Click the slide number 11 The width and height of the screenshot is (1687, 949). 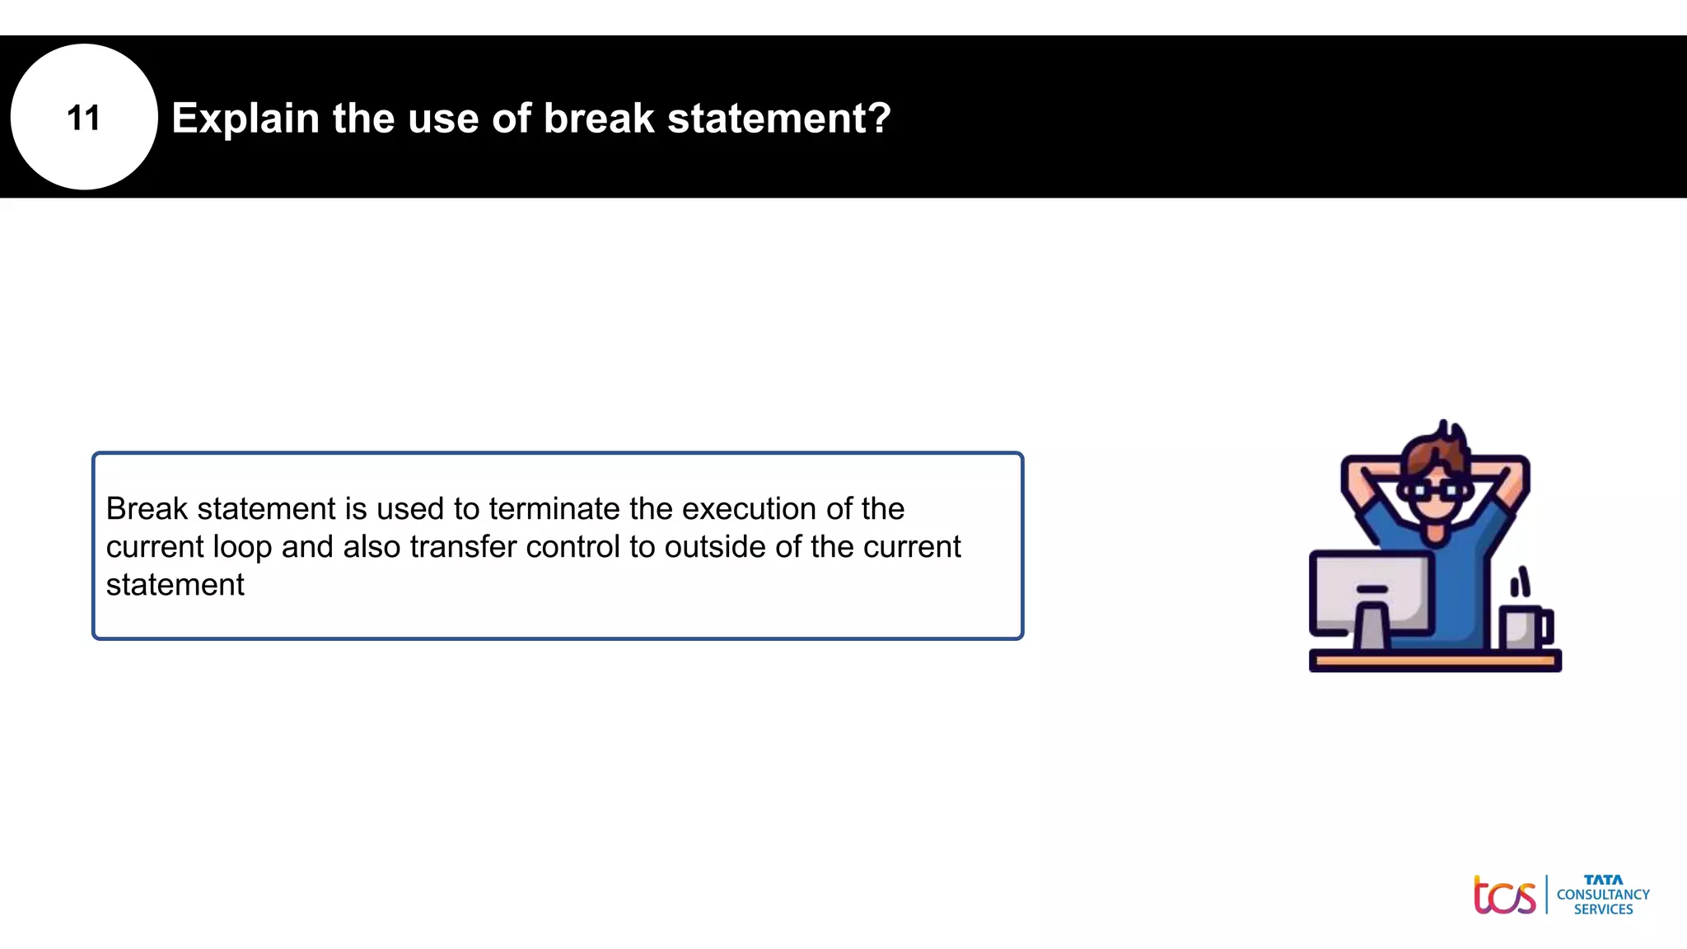pyautogui.click(x=83, y=118)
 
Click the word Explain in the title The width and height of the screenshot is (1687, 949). pyautogui.click(x=245, y=118)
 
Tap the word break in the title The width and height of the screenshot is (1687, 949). pyautogui.click(x=599, y=118)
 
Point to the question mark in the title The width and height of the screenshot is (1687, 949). pyautogui.click(x=879, y=118)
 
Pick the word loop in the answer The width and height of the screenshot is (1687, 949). pyautogui.click(x=242, y=548)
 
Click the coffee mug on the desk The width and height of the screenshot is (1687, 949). pyautogui.click(x=1523, y=629)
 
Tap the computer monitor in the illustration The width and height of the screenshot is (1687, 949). pyautogui.click(x=1370, y=591)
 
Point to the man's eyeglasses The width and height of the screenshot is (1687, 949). pyautogui.click(x=1437, y=490)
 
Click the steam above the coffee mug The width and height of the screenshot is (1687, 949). pyautogui.click(x=1520, y=582)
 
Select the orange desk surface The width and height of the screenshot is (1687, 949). pyautogui.click(x=1434, y=660)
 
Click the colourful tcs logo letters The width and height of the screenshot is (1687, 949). pyautogui.click(x=1504, y=895)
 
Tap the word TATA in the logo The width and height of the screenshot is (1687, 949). pyautogui.click(x=1603, y=880)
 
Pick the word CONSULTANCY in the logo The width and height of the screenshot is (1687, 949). pyautogui.click(x=1603, y=895)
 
